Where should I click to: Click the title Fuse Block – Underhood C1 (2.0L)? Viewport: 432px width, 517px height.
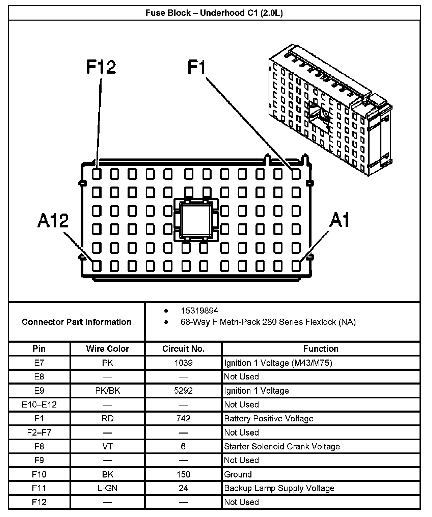[x=214, y=13]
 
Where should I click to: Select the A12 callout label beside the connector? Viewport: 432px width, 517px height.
[x=53, y=221]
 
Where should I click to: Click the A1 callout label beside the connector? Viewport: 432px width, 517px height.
[x=339, y=220]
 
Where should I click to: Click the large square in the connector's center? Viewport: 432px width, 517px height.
[x=196, y=220]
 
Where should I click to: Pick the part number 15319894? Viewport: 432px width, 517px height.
[x=199, y=311]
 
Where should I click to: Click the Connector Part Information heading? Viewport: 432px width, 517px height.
[x=77, y=322]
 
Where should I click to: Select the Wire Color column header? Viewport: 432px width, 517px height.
[x=108, y=349]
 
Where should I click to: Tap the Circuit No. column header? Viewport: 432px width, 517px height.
[x=183, y=349]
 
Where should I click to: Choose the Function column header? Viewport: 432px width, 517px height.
[x=321, y=349]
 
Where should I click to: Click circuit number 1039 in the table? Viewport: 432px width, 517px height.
[x=183, y=363]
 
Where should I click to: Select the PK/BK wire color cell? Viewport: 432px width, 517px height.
[x=108, y=391]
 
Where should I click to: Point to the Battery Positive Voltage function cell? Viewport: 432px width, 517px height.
[x=269, y=419]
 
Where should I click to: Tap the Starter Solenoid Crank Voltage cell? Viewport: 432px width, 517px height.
[x=282, y=446]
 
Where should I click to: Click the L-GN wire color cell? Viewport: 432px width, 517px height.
[x=108, y=488]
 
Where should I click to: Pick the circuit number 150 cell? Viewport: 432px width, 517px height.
[x=183, y=474]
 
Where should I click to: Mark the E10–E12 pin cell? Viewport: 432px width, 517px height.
[x=39, y=404]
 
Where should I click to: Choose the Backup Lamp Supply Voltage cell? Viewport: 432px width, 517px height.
[x=279, y=488]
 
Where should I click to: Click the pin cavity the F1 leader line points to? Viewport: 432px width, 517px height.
[x=296, y=174]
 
